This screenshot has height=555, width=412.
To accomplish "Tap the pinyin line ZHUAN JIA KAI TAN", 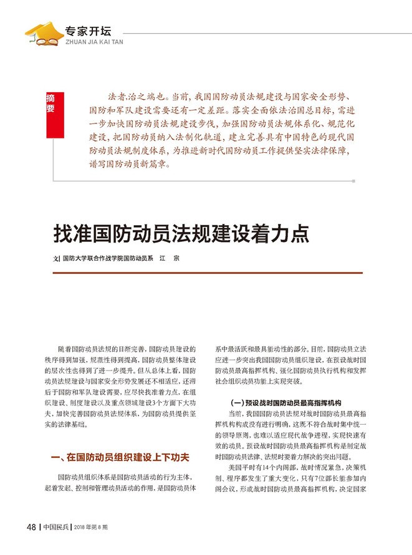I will [x=93, y=41].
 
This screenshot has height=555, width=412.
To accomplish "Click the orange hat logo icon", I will [x=43, y=34].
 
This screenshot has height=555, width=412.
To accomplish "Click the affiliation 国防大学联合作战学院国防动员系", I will [x=107, y=258].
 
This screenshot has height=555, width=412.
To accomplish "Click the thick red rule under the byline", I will [x=206, y=273].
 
